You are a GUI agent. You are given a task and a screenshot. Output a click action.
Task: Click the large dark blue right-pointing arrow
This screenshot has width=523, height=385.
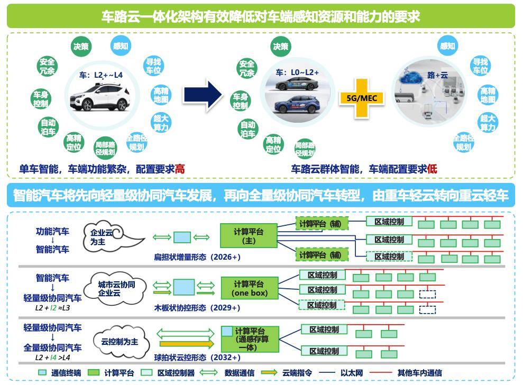pyautogui.click(x=203, y=95)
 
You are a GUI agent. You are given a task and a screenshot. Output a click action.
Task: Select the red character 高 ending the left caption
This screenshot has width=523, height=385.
pyautogui.click(x=180, y=169)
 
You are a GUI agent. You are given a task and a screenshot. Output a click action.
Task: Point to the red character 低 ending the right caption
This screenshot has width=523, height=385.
pyautogui.click(x=432, y=169)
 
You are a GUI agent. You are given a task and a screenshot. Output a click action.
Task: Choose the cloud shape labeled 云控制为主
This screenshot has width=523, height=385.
pyautogui.click(x=119, y=342)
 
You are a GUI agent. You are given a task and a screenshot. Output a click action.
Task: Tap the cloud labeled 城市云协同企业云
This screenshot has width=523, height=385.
pyautogui.click(x=116, y=288)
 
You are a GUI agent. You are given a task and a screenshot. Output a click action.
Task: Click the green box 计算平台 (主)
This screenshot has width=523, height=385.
pyautogui.click(x=249, y=235)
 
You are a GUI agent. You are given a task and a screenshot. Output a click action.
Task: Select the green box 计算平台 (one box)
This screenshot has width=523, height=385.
pyautogui.click(x=249, y=288)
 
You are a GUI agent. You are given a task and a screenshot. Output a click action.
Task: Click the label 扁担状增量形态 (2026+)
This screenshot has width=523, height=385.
pyautogui.click(x=197, y=257)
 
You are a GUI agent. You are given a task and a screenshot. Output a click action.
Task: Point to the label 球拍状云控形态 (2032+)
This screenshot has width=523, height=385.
pyautogui.click(x=197, y=357)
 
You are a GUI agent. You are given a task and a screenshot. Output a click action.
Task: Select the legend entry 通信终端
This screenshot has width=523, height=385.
pyautogui.click(x=61, y=373)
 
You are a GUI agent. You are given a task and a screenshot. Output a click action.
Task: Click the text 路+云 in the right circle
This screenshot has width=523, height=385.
pyautogui.click(x=437, y=76)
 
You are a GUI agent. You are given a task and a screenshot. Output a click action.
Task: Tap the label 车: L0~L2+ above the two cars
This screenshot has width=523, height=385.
pyautogui.click(x=297, y=72)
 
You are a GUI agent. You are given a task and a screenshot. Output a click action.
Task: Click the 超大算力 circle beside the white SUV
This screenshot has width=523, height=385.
pyautogui.click(x=161, y=122)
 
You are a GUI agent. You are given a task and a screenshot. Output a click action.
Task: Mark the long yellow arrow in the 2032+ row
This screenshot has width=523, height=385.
pyautogui.click(x=187, y=344)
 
